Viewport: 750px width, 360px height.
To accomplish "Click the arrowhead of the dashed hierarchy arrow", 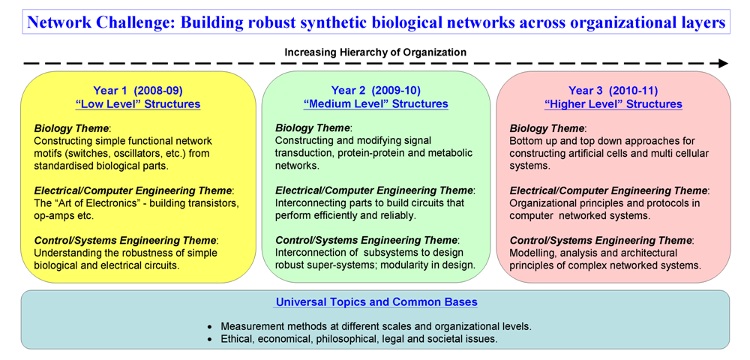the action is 723,64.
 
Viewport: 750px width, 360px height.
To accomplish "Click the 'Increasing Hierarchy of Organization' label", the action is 376,52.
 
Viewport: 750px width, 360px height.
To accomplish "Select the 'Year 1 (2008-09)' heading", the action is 138,91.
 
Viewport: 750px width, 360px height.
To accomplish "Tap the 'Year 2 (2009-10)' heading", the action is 376,91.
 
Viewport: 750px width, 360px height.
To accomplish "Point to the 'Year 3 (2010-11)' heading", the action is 613,91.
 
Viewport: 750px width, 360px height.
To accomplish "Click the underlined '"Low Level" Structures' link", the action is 138,104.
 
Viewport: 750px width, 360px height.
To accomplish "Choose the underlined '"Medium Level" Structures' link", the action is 376,104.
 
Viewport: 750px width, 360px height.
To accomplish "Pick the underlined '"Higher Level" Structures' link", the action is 613,104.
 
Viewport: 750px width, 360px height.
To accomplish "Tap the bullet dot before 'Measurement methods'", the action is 210,328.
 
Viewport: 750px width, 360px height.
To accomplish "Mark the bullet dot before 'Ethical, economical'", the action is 210,340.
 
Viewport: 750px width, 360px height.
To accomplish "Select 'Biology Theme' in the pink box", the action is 547,128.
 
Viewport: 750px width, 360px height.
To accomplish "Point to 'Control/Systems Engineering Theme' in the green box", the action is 367,240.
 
